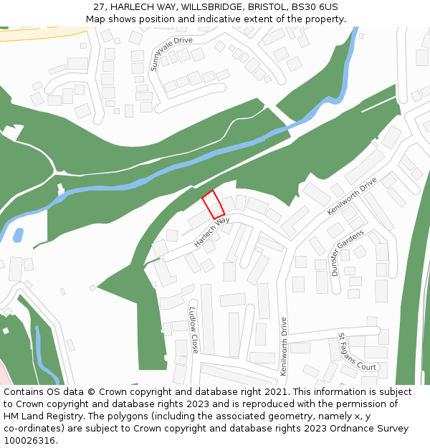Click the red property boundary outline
coord(213,204)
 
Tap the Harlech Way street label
coord(211,232)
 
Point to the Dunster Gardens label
coord(348,252)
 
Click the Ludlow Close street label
coord(193,330)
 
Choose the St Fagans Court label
coord(357,351)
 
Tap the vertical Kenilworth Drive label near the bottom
coord(284,347)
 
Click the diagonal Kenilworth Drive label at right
coord(352,196)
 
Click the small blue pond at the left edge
coord(18,234)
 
